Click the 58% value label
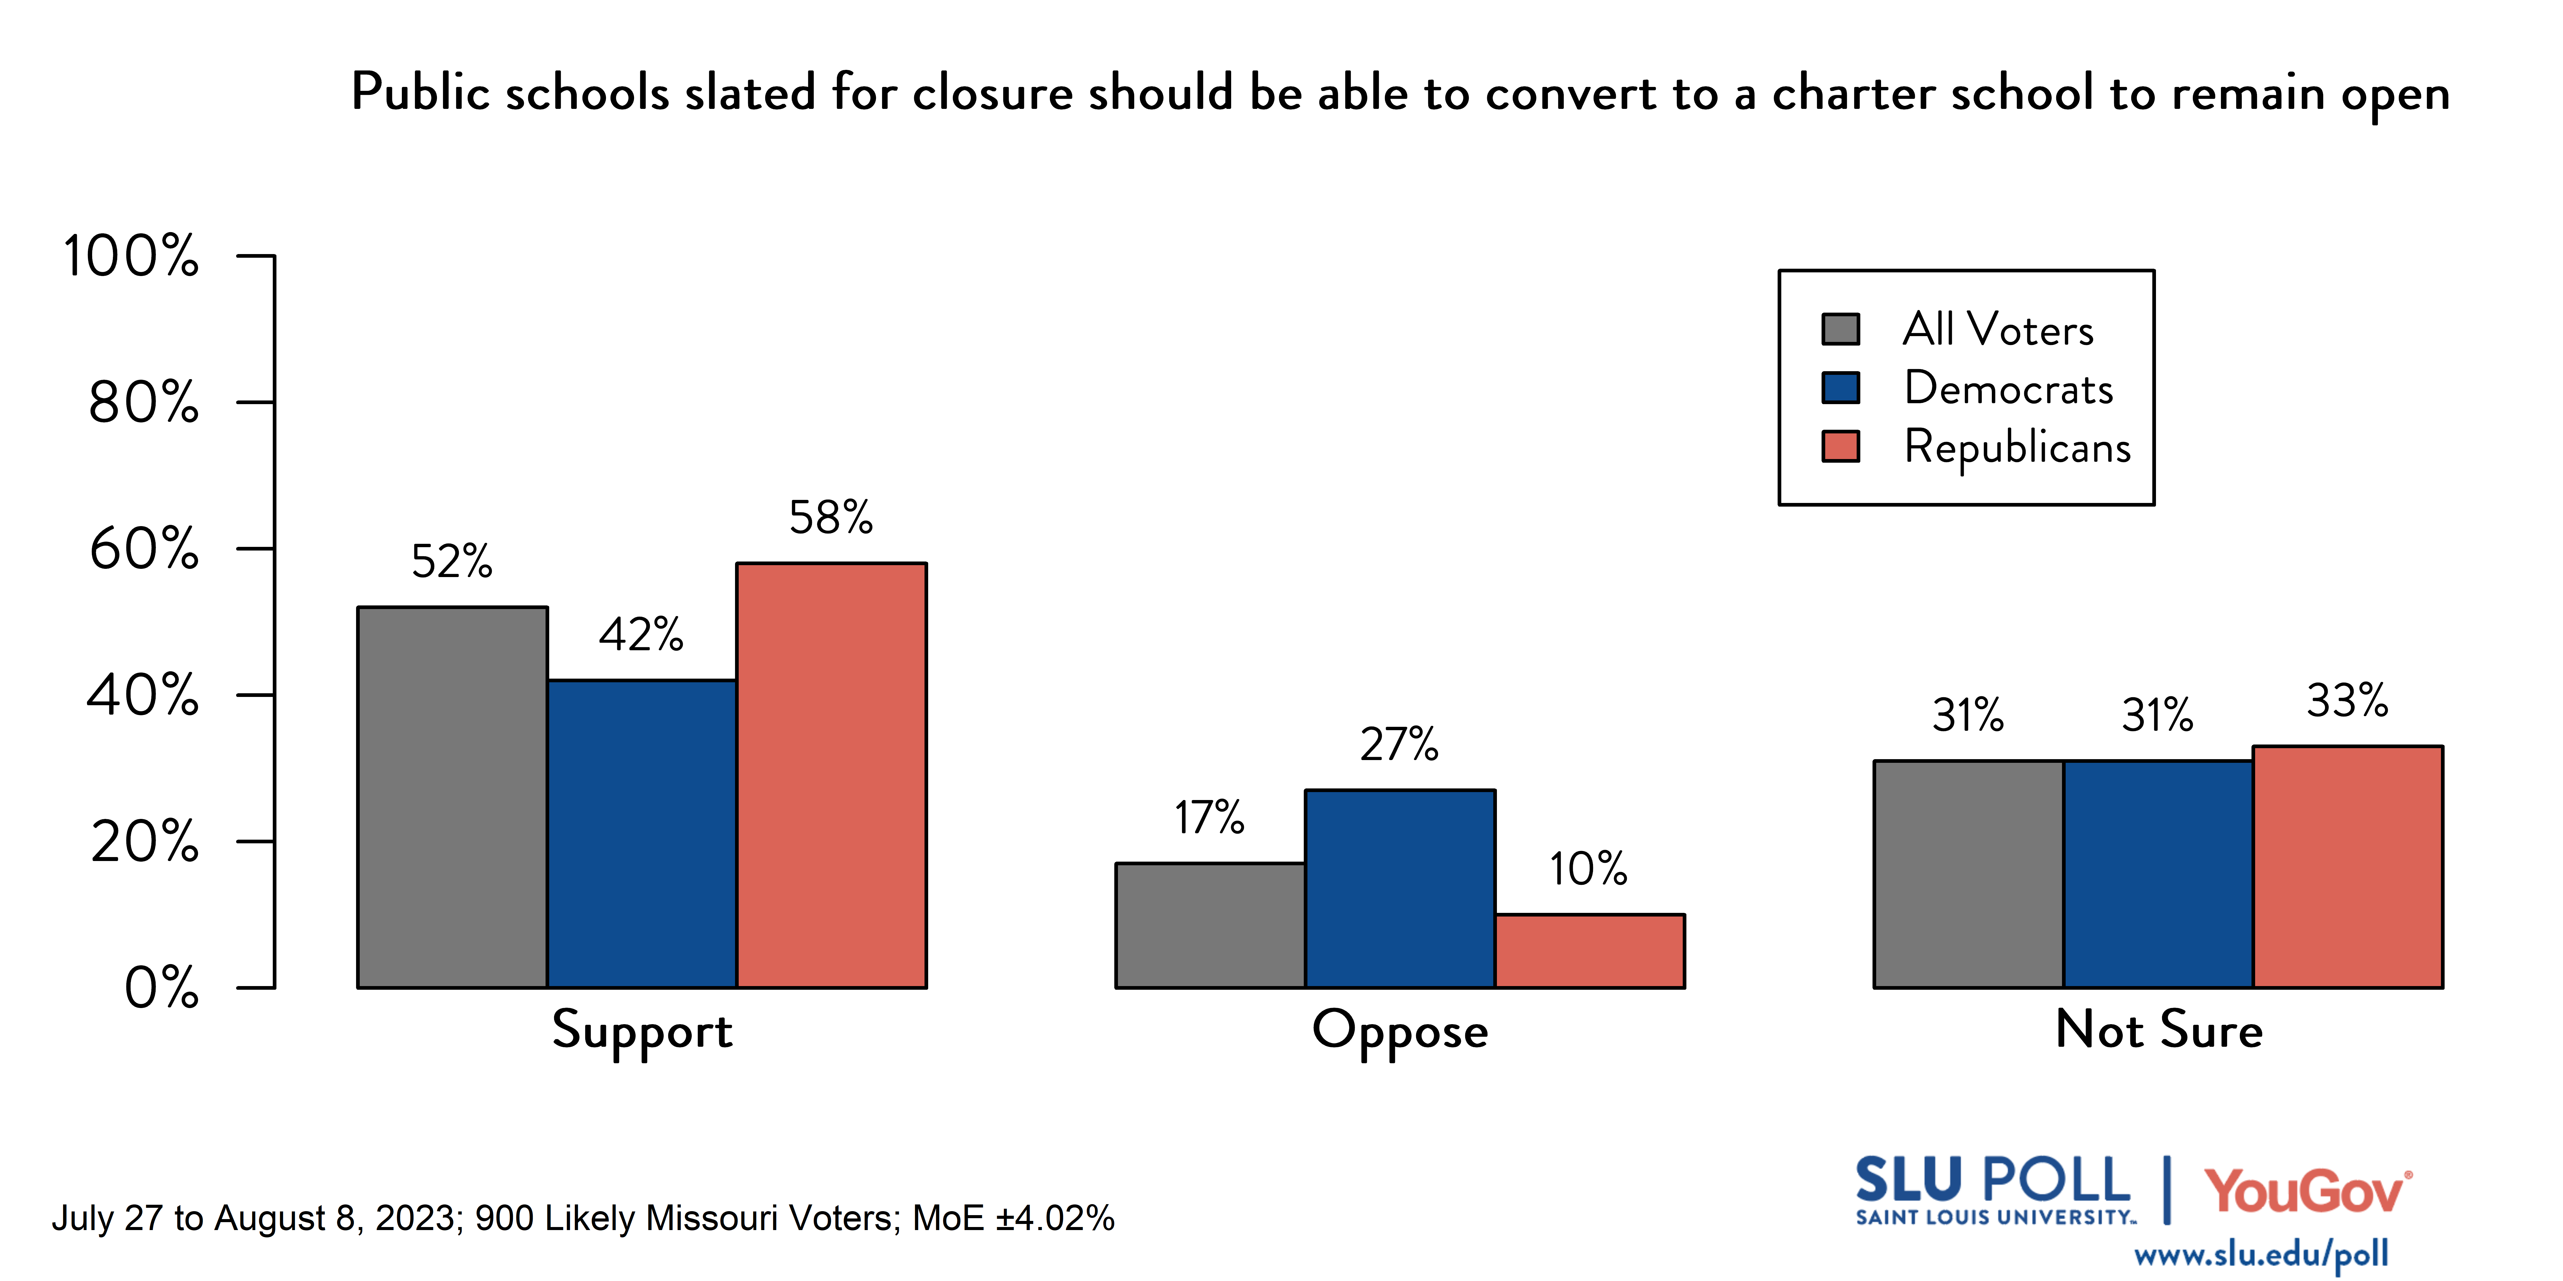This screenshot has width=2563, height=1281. pyautogui.click(x=831, y=517)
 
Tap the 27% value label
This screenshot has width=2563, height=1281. pyautogui.click(x=1399, y=744)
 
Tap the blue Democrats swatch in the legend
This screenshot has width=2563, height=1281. pyautogui.click(x=1841, y=388)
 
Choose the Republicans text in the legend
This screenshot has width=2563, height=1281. pyautogui.click(x=2017, y=447)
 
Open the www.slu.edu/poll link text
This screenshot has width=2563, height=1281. pyautogui.click(x=2261, y=1255)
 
